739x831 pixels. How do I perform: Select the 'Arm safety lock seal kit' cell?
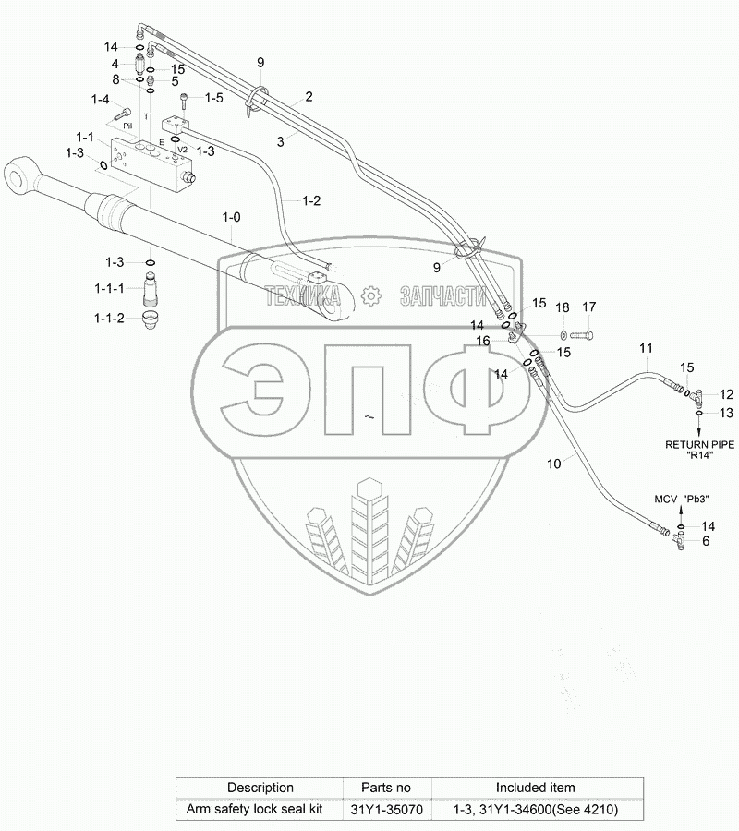click(x=260, y=810)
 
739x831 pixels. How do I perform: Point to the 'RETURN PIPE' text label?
click(x=700, y=444)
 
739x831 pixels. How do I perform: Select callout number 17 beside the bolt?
click(x=588, y=307)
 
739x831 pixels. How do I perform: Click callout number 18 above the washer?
click(x=562, y=307)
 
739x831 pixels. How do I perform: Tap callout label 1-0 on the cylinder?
click(x=231, y=216)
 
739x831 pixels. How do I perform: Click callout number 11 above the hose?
click(x=646, y=348)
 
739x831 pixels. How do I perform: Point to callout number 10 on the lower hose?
click(x=554, y=464)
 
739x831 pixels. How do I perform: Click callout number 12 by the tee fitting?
click(x=727, y=394)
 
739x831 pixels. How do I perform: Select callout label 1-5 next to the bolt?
click(x=213, y=97)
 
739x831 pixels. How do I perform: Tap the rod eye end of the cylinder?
click(x=20, y=175)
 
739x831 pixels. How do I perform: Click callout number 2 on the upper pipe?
click(x=309, y=96)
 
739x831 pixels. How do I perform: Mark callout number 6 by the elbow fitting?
click(x=707, y=542)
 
